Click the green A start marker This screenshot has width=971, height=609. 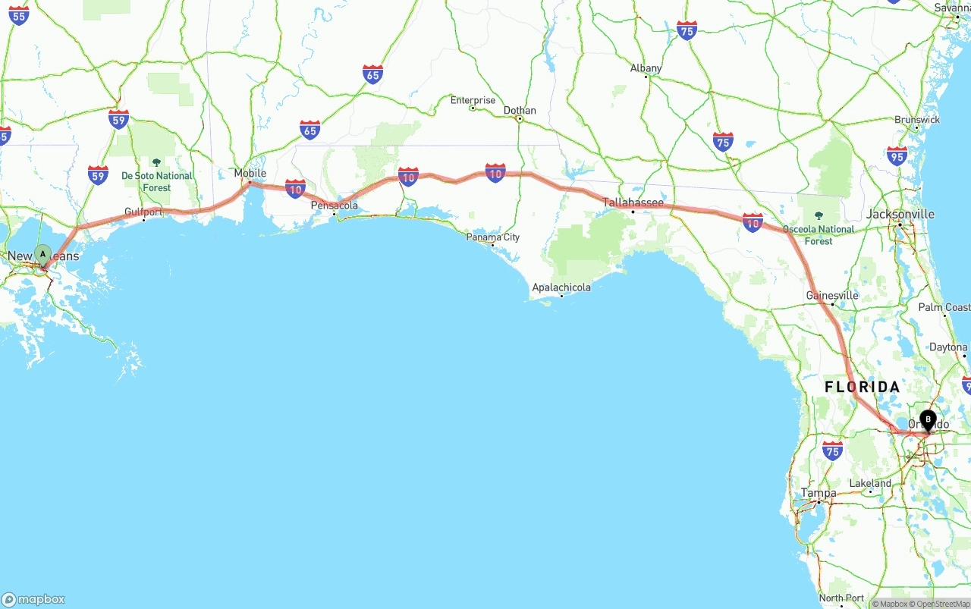(x=42, y=254)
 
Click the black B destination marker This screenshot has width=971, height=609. (x=928, y=419)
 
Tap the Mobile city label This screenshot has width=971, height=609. (x=250, y=174)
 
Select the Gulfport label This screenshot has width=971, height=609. (x=143, y=212)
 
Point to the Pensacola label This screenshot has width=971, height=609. (x=335, y=206)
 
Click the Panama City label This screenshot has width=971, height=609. (x=493, y=237)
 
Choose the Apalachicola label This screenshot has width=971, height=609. (x=561, y=287)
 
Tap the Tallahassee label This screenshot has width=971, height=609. (x=633, y=202)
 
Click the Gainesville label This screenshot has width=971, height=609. (x=832, y=296)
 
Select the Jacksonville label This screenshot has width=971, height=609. (x=900, y=214)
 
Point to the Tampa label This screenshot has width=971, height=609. (x=819, y=493)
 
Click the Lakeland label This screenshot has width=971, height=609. (x=870, y=483)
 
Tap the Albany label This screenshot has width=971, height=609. (x=646, y=68)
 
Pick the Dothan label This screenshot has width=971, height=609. (x=520, y=111)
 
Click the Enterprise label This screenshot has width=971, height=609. (x=473, y=100)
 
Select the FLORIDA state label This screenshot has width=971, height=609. (x=863, y=387)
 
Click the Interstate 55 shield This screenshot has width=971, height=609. (x=19, y=14)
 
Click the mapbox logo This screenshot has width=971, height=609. (x=33, y=599)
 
